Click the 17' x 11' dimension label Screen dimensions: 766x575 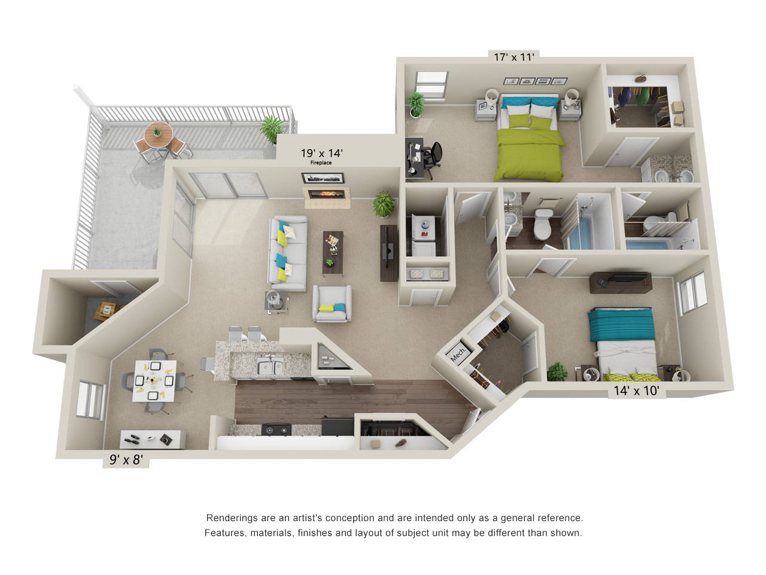click(x=513, y=57)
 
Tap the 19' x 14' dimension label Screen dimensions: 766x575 click(x=322, y=153)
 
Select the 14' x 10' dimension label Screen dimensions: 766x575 click(x=637, y=391)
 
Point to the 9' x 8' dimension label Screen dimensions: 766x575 click(x=126, y=459)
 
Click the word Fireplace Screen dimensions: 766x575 click(x=321, y=163)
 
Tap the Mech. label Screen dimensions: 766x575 click(x=458, y=354)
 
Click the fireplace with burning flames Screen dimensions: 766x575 click(x=326, y=193)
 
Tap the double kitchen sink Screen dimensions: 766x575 click(x=270, y=367)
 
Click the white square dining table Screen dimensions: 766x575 click(x=155, y=381)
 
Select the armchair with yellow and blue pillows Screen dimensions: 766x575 click(x=332, y=303)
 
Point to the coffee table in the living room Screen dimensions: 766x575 click(x=333, y=253)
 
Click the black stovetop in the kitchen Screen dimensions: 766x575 click(x=276, y=429)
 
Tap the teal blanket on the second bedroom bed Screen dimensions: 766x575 click(x=621, y=325)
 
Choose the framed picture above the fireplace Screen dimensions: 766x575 click(x=323, y=178)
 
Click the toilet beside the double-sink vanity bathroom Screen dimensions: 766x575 click(x=543, y=224)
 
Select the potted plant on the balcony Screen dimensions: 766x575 click(x=271, y=129)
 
